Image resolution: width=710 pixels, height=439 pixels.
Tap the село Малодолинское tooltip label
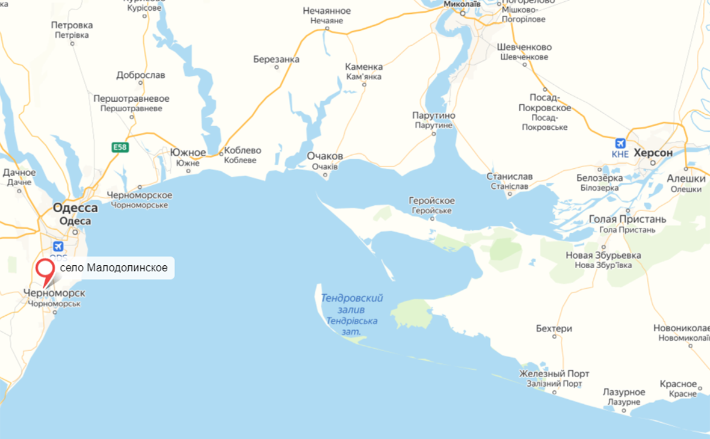coord(114,267)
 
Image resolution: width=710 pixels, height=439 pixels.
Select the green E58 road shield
coord(120,147)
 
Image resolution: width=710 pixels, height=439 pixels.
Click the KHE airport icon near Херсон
coord(620,144)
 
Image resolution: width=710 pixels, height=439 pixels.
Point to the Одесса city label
coord(75,208)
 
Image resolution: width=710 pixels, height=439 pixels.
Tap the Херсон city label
coord(653,153)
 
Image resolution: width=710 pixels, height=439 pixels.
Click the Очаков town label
coord(325,156)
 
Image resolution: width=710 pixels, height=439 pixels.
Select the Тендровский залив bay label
coord(352,298)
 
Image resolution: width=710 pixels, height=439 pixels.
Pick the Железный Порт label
coord(554,373)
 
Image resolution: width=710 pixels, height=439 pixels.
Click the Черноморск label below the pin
coord(54,293)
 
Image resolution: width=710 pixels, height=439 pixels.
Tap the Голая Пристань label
coord(627,219)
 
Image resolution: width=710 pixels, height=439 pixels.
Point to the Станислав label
coord(509,176)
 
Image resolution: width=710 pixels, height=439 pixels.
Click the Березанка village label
coord(276,59)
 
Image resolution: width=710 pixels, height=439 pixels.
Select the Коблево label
coord(242,150)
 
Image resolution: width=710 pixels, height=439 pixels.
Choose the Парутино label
coord(433,115)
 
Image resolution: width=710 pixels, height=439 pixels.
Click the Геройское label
coord(431,200)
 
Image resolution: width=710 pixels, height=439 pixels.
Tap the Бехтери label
coord(554,328)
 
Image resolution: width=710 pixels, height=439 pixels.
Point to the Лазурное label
coord(624,391)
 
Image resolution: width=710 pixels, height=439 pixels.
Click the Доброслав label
coord(141,75)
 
